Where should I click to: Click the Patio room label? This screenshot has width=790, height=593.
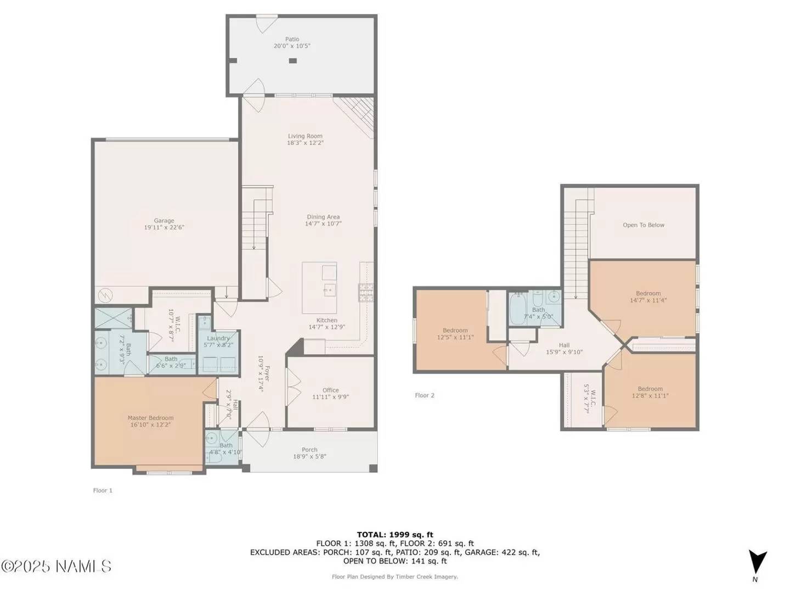(292, 39)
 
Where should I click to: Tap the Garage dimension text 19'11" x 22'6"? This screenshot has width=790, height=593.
(164, 227)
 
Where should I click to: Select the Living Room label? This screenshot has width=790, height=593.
(305, 136)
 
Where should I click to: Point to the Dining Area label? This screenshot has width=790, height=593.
(323, 217)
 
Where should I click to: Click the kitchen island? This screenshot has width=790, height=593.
(319, 288)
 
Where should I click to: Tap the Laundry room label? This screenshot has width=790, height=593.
(218, 338)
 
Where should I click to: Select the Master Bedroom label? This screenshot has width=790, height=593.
(150, 418)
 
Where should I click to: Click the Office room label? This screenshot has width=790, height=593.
(330, 390)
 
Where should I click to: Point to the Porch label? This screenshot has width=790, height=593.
(309, 450)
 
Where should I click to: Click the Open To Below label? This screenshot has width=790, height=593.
(643, 225)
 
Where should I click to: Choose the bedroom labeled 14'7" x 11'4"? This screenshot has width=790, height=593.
(648, 297)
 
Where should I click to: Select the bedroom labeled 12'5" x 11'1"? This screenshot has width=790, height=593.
(455, 334)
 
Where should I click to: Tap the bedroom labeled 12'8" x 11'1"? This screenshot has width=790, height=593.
(650, 392)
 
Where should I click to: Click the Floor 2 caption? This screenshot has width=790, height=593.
(425, 395)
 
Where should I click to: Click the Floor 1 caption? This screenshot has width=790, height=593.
(103, 490)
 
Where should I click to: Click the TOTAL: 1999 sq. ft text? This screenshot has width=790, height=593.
(394, 534)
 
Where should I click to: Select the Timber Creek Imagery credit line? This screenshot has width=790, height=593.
(394, 577)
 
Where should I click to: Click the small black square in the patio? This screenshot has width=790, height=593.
(293, 60)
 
